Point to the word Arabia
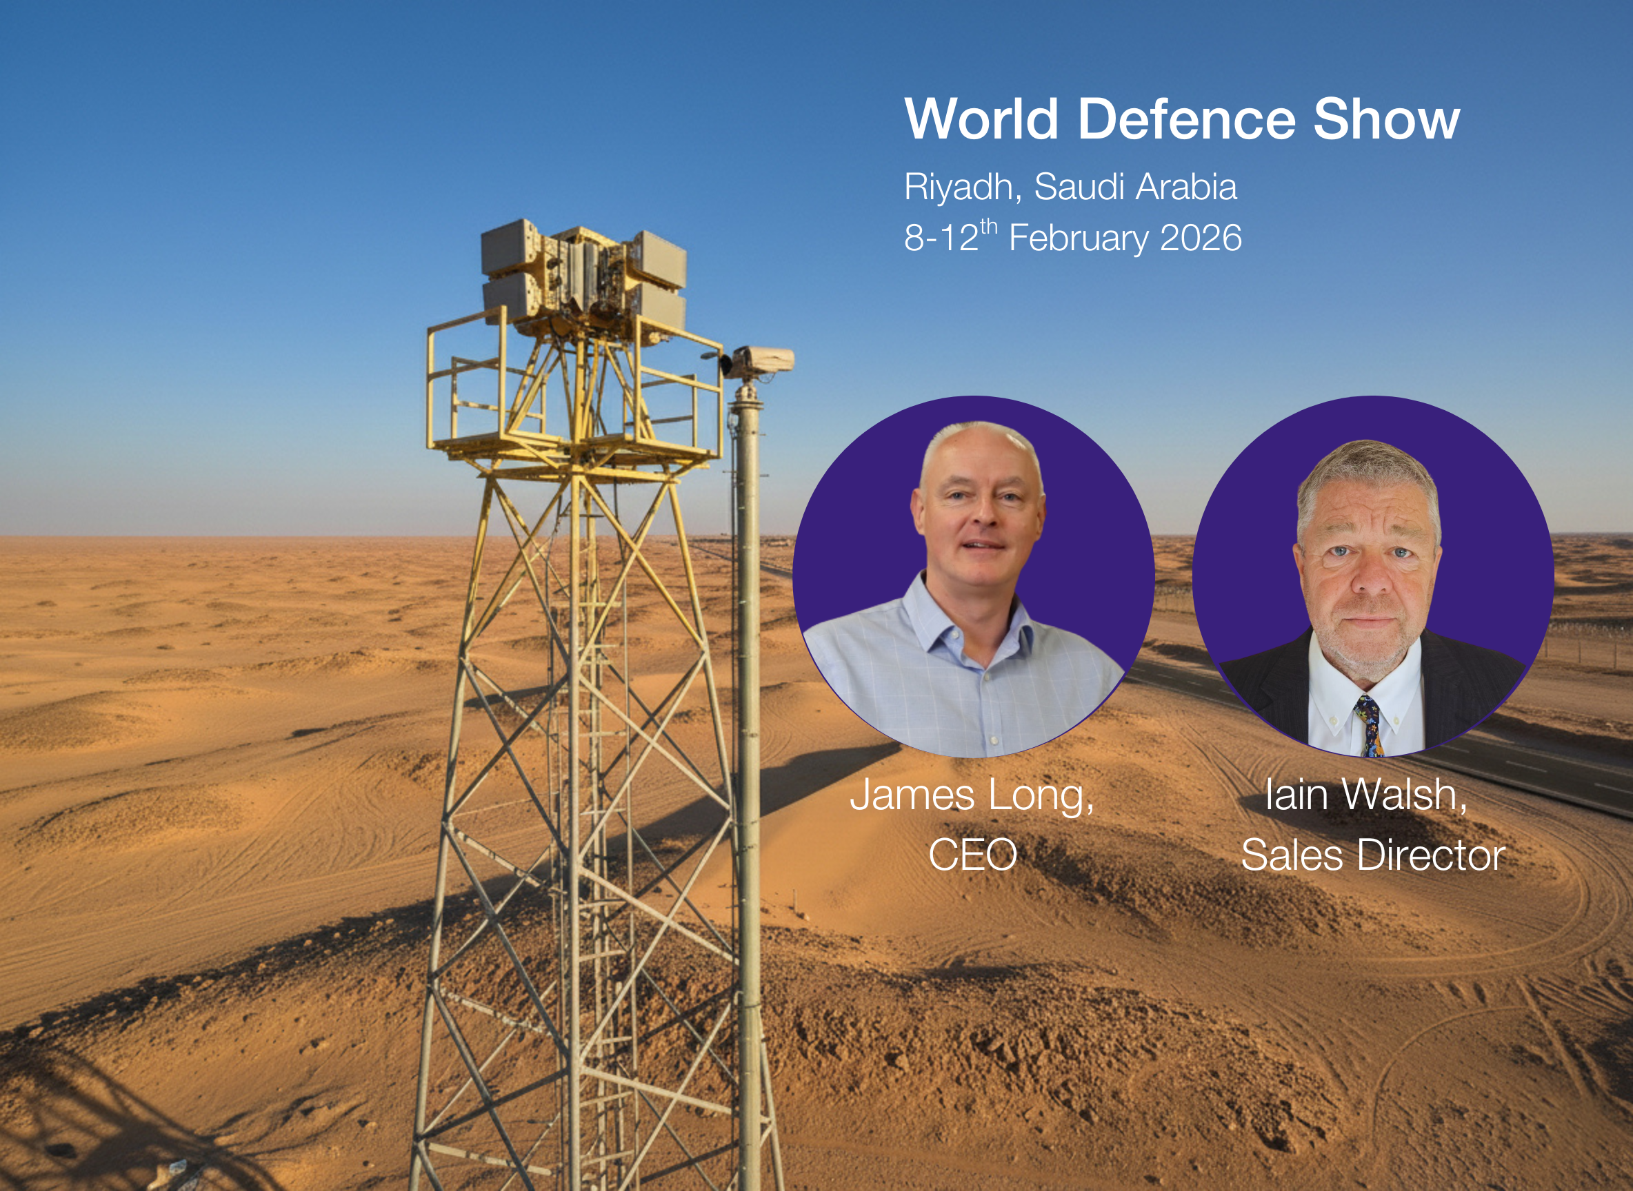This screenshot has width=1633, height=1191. [x=1187, y=187]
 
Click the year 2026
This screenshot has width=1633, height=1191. [x=1201, y=238]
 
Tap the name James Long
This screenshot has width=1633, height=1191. [x=972, y=795]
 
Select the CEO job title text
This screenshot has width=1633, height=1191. [x=972, y=855]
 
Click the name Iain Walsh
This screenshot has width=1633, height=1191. [x=1366, y=795]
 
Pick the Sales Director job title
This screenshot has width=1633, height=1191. [x=1372, y=855]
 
